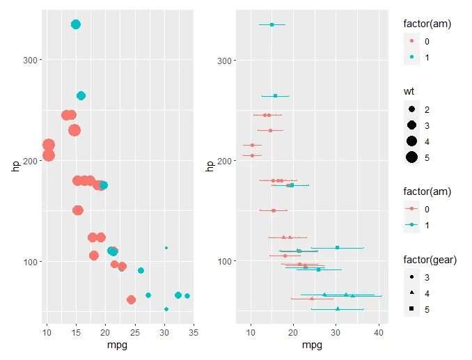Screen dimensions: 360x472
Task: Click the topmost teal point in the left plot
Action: click(x=76, y=24)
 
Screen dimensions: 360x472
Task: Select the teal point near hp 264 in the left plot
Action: click(x=81, y=95)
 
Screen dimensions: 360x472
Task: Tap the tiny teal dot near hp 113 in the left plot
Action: click(x=166, y=247)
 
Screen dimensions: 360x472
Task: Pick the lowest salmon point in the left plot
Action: click(x=131, y=299)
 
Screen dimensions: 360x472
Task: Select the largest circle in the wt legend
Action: click(x=412, y=157)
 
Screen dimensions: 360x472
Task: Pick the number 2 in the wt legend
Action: click(x=427, y=110)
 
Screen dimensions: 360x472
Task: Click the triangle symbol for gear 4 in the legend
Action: click(x=412, y=293)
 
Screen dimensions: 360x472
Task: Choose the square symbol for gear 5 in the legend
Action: click(x=412, y=308)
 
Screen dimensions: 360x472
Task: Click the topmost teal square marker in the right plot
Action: click(x=272, y=24)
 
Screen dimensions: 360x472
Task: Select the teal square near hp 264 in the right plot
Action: click(x=275, y=95)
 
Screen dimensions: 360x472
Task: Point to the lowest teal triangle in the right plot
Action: click(x=338, y=308)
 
